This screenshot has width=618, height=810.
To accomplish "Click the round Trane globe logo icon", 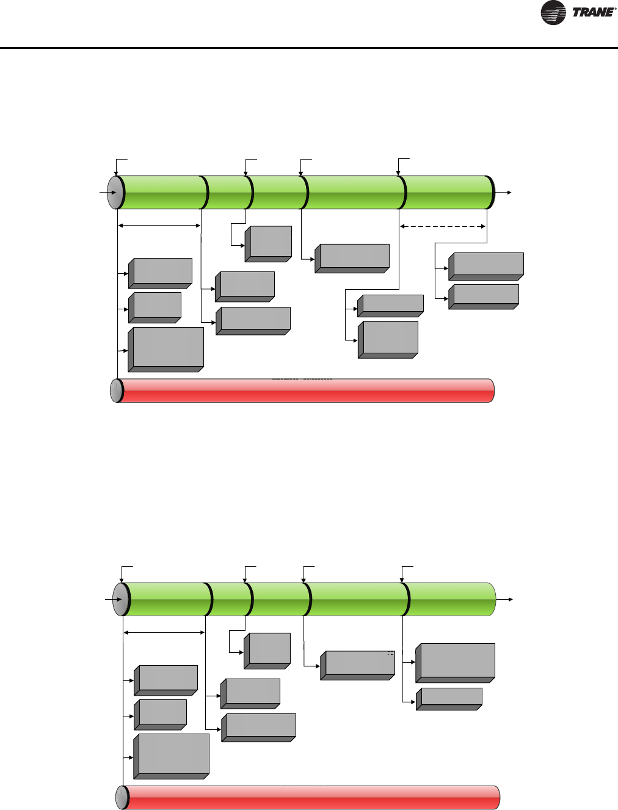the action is tap(553, 13).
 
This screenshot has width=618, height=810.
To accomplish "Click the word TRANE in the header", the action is tap(592, 13).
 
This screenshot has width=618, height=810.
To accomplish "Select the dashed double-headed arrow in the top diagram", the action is tap(443, 226).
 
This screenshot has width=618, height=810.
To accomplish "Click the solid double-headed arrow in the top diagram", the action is tap(159, 226).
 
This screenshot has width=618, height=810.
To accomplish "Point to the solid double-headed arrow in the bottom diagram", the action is tap(164, 633).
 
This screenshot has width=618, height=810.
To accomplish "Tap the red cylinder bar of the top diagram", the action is tap(305, 391).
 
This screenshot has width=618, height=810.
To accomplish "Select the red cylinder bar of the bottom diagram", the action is tap(311, 798).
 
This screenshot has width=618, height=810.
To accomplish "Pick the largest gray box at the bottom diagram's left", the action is tap(172, 756).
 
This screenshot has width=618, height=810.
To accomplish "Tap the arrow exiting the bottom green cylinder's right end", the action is tap(506, 600).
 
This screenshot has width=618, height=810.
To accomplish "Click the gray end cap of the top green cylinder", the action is tap(115, 192).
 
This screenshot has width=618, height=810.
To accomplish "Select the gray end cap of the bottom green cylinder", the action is tap(121, 599).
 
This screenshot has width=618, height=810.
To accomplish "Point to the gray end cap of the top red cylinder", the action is tap(115, 391).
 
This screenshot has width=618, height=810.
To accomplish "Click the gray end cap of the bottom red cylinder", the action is tap(122, 798).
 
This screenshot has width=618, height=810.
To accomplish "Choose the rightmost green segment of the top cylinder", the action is tap(448, 192).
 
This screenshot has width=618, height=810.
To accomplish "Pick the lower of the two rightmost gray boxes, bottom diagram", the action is tap(449, 699).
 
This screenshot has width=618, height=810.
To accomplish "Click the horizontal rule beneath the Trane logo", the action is tap(309, 48).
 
